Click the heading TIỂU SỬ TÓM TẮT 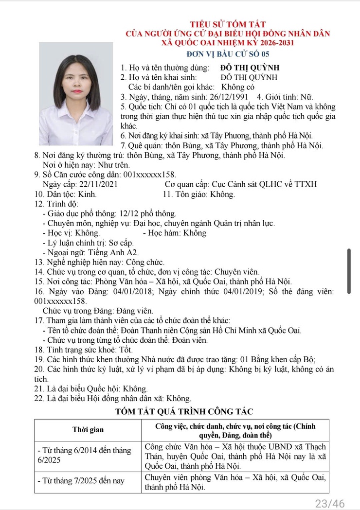click(228, 24)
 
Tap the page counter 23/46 click(330, 503)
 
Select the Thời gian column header click(88, 430)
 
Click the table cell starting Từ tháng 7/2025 click(82, 481)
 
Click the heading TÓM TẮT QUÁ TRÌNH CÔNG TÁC click(184, 412)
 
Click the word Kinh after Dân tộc click(87, 194)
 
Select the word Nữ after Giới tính click(306, 97)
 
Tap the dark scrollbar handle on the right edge click(348, 270)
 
